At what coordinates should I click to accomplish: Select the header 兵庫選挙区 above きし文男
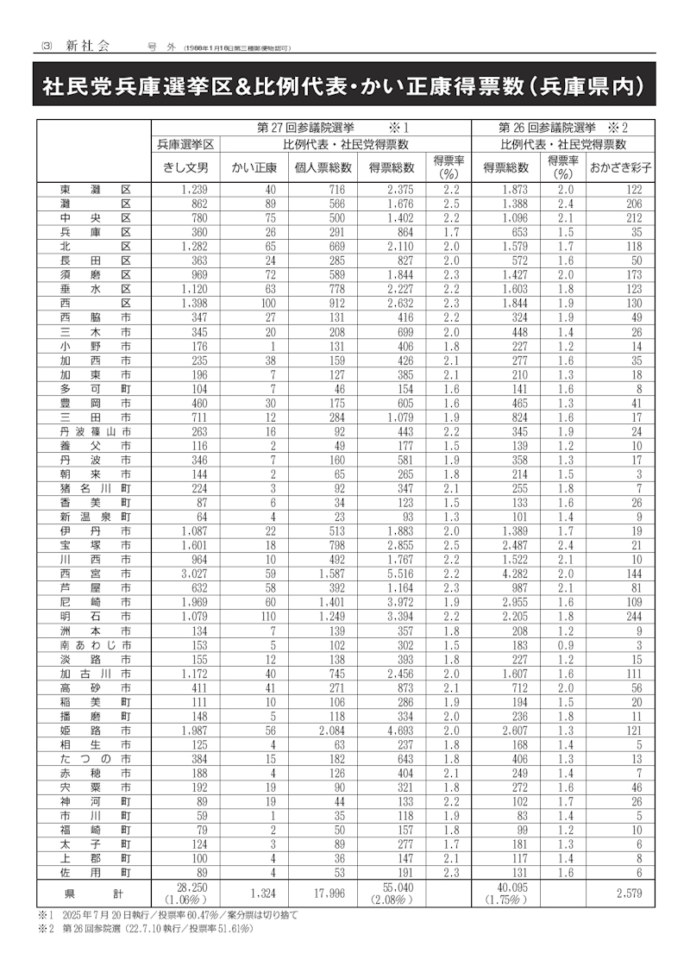pos(185,144)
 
